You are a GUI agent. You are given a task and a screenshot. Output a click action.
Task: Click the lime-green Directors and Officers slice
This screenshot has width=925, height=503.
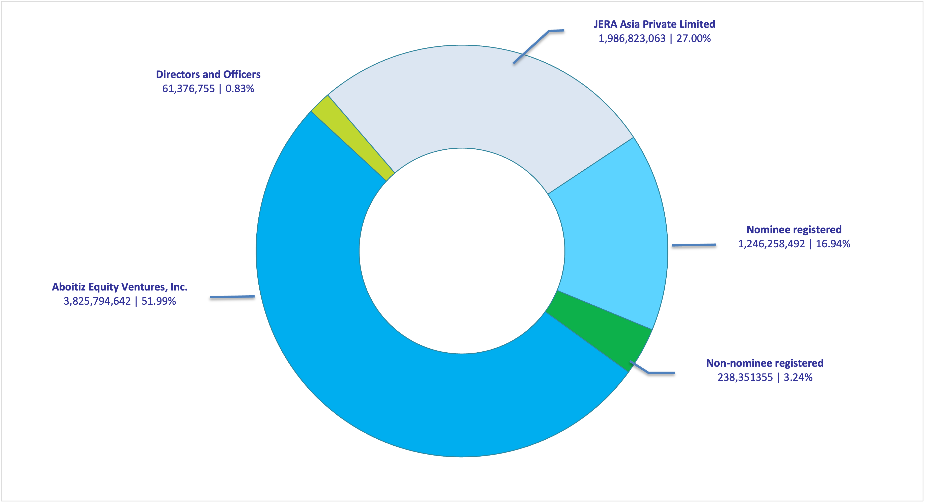[354, 138]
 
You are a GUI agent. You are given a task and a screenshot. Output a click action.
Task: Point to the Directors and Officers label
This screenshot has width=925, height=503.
[208, 74]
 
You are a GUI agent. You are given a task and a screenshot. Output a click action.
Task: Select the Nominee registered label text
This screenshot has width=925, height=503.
[794, 230]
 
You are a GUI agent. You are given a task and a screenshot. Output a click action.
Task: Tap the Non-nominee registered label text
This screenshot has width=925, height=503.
[765, 363]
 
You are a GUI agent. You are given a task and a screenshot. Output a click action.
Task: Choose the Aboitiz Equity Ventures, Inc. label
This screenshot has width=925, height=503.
[120, 287]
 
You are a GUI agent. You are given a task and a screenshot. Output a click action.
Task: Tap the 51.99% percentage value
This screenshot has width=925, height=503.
[158, 301]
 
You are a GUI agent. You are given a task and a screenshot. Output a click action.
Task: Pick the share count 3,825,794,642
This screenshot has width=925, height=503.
[97, 301]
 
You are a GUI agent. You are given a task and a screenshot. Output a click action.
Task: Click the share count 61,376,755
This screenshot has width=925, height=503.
[188, 89]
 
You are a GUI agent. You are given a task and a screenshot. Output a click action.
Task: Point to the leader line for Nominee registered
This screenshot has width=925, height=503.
[694, 245]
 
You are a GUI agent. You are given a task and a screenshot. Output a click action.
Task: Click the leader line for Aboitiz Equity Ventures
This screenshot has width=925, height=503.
[232, 297]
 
